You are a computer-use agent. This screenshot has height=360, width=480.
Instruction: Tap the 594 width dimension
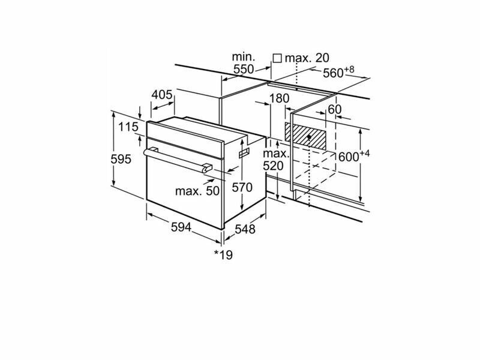point(181,227)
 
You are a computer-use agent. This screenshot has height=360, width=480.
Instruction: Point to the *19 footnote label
point(223,254)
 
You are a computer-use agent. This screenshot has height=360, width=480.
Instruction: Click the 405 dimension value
point(162,94)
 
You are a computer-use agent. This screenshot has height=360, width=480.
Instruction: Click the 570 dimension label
point(242,187)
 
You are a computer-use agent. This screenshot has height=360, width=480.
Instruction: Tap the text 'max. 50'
point(197,191)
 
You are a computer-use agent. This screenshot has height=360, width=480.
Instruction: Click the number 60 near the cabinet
point(334,109)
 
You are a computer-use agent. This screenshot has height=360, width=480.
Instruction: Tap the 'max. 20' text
point(307,58)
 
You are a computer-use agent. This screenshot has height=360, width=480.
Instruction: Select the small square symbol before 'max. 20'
point(277,58)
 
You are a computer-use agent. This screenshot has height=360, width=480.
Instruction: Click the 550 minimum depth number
point(244,69)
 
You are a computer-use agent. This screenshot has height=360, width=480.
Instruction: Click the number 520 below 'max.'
point(274,166)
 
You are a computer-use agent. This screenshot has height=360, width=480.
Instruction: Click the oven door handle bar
point(177,158)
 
